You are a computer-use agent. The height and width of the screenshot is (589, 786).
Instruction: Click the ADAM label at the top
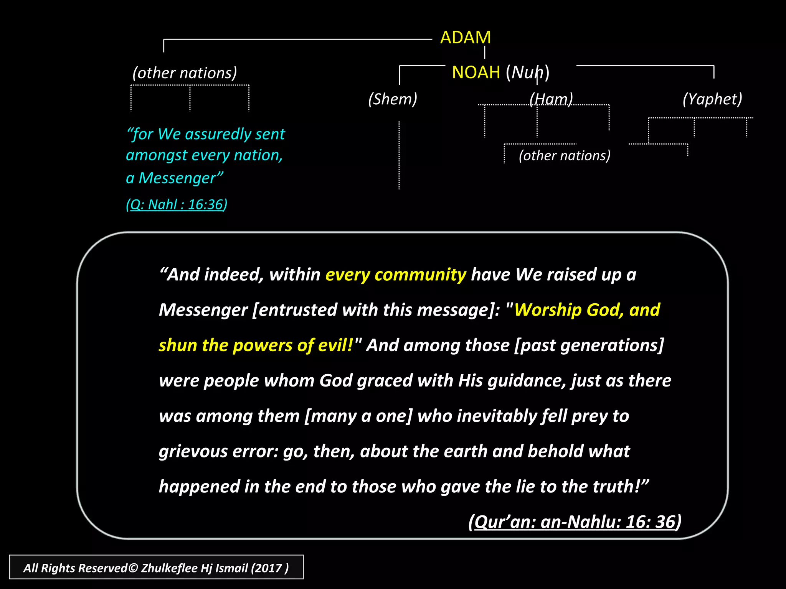click(x=465, y=38)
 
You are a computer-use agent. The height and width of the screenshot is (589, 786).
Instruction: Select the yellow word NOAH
click(x=476, y=72)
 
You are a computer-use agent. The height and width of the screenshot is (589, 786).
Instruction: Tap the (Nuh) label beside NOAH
click(x=528, y=72)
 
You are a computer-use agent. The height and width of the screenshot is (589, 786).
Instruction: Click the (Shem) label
click(x=393, y=99)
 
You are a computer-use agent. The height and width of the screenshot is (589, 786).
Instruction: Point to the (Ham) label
click(x=551, y=99)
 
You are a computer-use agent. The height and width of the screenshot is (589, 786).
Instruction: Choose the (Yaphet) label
click(x=712, y=99)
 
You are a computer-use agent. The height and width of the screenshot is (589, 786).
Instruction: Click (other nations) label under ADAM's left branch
click(x=185, y=73)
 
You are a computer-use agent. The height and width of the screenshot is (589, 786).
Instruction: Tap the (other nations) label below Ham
click(x=565, y=155)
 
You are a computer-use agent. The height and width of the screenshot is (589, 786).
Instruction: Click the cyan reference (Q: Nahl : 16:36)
click(x=177, y=204)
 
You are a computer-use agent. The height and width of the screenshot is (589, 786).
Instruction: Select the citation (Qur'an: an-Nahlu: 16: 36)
click(x=575, y=522)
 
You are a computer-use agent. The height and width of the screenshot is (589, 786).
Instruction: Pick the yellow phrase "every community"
click(x=396, y=275)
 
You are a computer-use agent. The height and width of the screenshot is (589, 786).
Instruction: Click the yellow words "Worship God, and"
click(x=587, y=310)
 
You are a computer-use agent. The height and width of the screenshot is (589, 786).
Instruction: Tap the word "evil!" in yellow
click(x=335, y=345)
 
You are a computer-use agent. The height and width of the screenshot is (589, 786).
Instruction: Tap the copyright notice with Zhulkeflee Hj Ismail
click(x=156, y=568)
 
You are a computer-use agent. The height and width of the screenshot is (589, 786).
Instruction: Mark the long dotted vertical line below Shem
click(x=399, y=155)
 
